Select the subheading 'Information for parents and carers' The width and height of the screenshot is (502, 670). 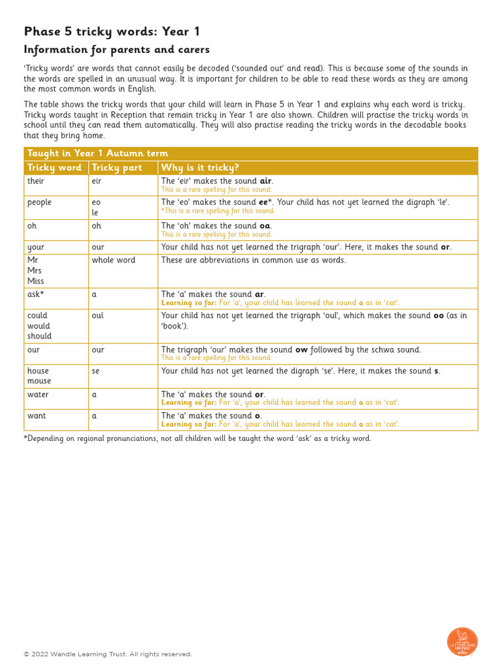[x=117, y=50]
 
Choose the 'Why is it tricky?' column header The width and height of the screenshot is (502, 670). [x=200, y=167]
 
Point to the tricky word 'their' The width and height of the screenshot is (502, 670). [x=36, y=181]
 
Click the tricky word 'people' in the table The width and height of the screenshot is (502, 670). [x=39, y=202]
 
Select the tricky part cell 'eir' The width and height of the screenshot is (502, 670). [x=97, y=181]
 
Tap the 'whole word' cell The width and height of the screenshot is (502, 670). [x=113, y=260]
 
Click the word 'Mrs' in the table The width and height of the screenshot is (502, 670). [x=35, y=271]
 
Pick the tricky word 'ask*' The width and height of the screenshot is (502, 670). [x=36, y=294]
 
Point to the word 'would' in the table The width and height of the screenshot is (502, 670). [x=39, y=326]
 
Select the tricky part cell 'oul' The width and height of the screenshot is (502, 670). [x=97, y=315]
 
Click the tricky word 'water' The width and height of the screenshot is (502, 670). [x=38, y=395]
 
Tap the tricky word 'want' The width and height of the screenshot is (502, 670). [x=37, y=415]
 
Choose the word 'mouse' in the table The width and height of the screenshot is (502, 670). [x=39, y=381]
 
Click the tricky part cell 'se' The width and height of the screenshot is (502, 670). [x=96, y=371]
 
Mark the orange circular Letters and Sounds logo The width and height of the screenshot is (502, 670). [x=462, y=642]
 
